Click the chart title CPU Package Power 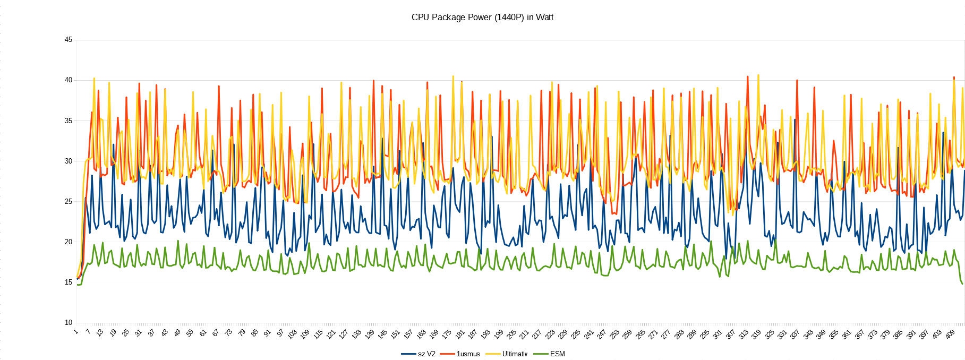482,17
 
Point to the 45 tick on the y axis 69,40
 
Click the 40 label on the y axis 69,80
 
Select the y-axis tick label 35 69,121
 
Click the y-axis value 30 69,161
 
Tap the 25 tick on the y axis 69,201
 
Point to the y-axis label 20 69,242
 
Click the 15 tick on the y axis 69,282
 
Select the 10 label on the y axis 69,322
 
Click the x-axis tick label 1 76,332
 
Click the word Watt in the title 544,17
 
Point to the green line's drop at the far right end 961,282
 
